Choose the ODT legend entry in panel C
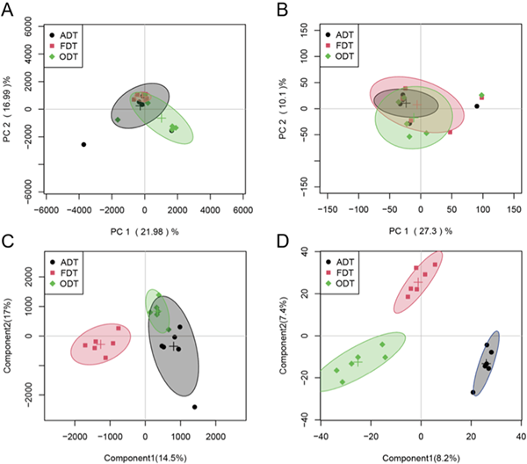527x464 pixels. click(72, 283)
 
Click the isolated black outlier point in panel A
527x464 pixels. click(84, 144)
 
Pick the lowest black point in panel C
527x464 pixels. click(194, 407)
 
